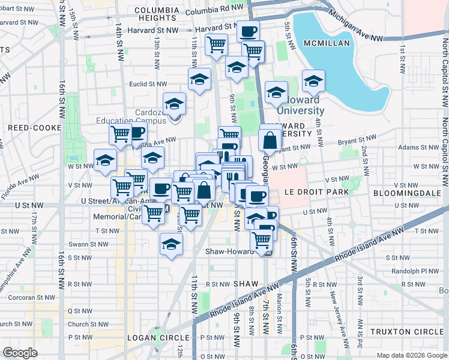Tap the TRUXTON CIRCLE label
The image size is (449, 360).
coord(406,332)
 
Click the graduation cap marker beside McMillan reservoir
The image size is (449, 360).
coord(313,81)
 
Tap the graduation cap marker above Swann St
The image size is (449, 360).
coord(171,244)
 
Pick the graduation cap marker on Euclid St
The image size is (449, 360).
coord(199,79)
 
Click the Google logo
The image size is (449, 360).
coord(20,353)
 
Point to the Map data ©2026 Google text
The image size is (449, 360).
coord(411,355)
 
